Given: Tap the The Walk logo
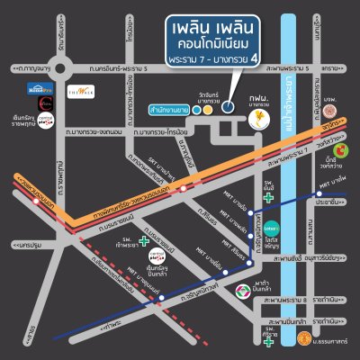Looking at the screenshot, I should [x=102, y=92].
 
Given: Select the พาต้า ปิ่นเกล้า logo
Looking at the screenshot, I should [x=242, y=290].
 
